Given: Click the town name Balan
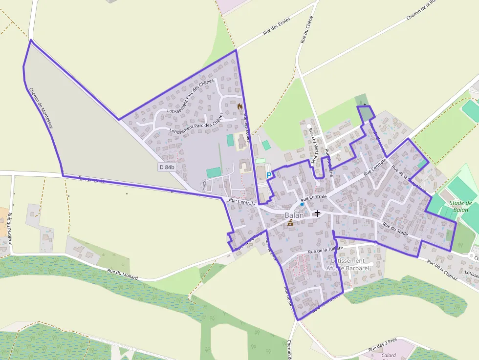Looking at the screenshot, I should [x=294, y=215].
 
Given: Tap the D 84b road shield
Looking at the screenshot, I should [x=167, y=167].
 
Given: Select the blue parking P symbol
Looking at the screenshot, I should [x=268, y=175].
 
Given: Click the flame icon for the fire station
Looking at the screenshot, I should [x=240, y=106].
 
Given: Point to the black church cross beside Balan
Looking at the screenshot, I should [x=317, y=213].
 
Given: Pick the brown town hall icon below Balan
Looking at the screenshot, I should [x=290, y=223].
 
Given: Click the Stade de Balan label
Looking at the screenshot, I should [x=460, y=206].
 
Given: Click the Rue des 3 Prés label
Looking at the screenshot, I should [x=383, y=345].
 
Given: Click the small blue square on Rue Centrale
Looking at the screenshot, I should [x=302, y=204].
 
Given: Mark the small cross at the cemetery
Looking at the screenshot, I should [x=365, y=105].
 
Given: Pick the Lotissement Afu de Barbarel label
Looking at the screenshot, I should [x=348, y=264].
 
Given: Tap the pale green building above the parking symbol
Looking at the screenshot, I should [x=260, y=161].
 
